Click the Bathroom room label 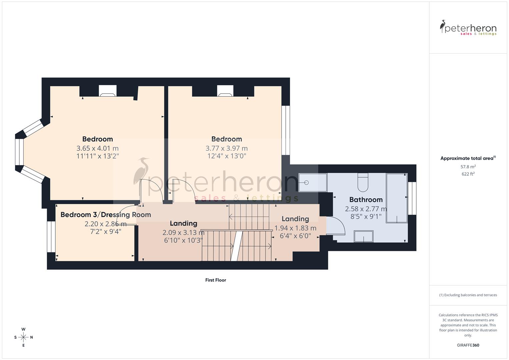366,200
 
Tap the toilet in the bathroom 362,182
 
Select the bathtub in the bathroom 397,198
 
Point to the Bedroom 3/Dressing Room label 106,215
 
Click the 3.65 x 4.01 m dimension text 97,148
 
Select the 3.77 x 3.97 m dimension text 226,148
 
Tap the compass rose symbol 23,337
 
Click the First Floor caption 216,280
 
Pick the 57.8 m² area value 468,167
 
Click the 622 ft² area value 468,174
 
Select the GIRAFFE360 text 468,345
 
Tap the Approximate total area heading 468,158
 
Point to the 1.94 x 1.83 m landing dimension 295,228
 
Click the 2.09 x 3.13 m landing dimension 183,232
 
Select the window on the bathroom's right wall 412,198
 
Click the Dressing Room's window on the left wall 51,237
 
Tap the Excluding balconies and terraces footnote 468,295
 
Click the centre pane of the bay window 19,152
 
